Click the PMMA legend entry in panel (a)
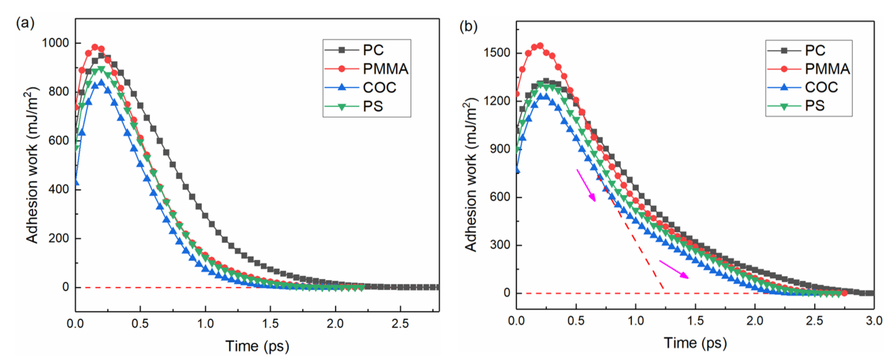[385, 69]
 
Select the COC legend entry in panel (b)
[821, 87]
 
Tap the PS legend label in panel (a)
[373, 106]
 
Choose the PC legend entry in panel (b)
[815, 50]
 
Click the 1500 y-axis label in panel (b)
[497, 53]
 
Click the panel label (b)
[468, 26]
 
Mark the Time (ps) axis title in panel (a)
[257, 346]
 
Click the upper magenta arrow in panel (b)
[586, 185]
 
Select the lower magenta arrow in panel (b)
[673, 269]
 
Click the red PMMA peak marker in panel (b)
[540, 46]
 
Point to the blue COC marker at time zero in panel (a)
[76, 183]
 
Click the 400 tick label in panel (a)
[59, 189]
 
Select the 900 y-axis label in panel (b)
[500, 149]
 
